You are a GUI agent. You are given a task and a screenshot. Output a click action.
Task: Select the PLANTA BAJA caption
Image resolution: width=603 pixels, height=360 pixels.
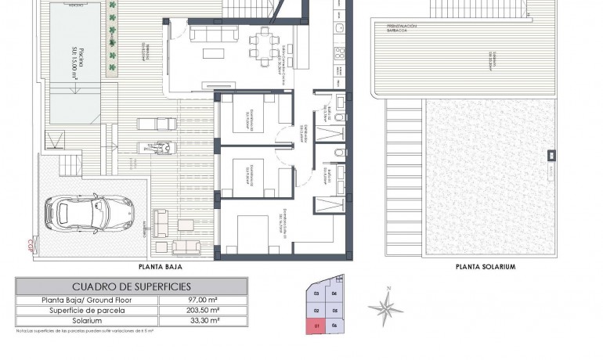(155, 266)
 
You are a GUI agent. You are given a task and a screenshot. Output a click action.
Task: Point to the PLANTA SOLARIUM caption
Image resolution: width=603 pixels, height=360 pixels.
(486, 266)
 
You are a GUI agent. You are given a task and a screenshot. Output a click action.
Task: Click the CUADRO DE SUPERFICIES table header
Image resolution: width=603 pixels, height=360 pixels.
(131, 286)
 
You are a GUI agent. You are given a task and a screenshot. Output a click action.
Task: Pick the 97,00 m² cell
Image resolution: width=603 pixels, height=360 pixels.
(203, 300)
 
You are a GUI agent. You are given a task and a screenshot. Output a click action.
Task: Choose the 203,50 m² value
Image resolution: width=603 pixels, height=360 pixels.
(203, 310)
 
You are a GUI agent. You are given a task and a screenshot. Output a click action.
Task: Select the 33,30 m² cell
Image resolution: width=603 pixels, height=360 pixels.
(203, 320)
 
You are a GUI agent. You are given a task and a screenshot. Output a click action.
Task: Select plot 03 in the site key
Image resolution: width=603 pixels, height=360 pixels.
(316, 295)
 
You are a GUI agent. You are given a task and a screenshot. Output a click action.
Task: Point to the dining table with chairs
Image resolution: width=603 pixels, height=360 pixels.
(262, 43)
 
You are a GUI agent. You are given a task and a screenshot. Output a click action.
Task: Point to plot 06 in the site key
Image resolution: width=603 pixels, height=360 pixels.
(334, 325)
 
